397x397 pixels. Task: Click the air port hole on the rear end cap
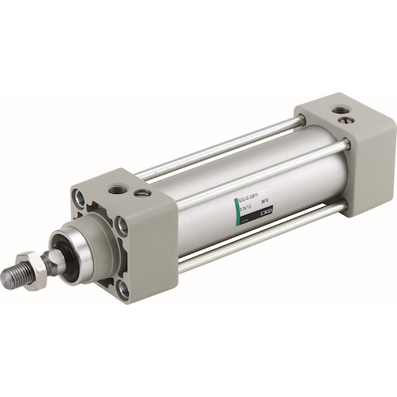(x=340, y=110)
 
